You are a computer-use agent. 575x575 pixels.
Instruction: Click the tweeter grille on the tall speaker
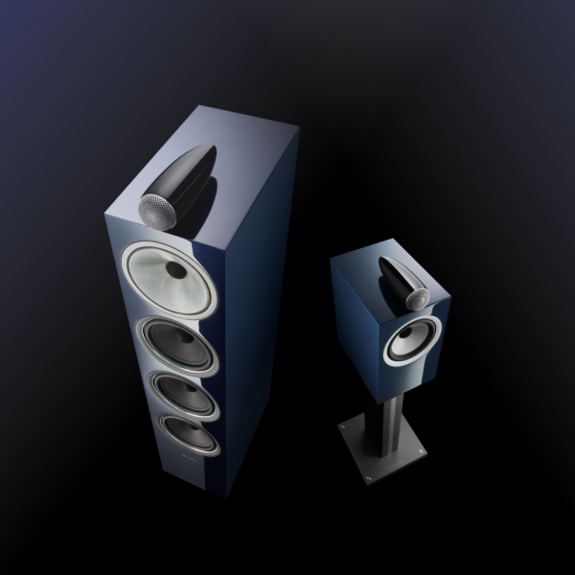(152, 208)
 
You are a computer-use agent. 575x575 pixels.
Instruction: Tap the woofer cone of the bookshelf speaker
(402, 346)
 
